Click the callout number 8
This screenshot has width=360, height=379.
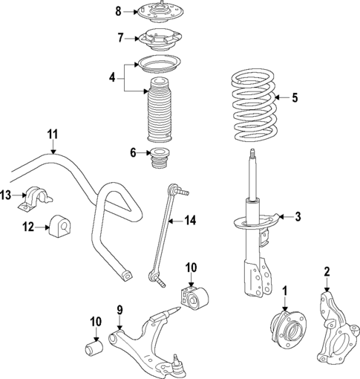(117, 10)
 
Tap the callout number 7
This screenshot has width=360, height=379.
(119, 37)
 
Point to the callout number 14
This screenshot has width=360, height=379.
(192, 219)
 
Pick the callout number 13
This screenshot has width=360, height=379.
(6, 195)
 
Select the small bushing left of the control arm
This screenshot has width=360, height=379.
(94, 346)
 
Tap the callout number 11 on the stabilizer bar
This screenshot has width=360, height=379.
(52, 134)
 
